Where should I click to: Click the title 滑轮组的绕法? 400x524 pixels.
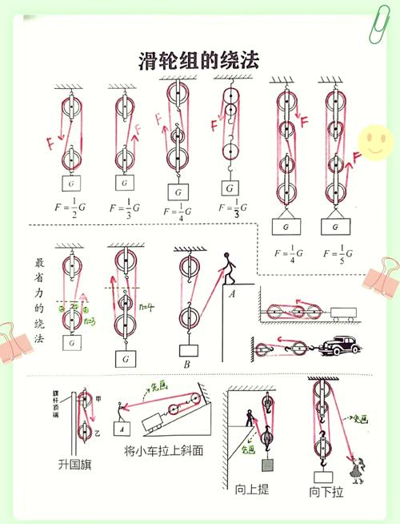200,60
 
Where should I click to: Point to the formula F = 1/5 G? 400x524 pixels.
338,254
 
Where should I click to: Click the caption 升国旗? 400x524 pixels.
74,464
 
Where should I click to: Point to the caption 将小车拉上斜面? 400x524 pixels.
164,451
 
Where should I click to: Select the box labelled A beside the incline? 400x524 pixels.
124,427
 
